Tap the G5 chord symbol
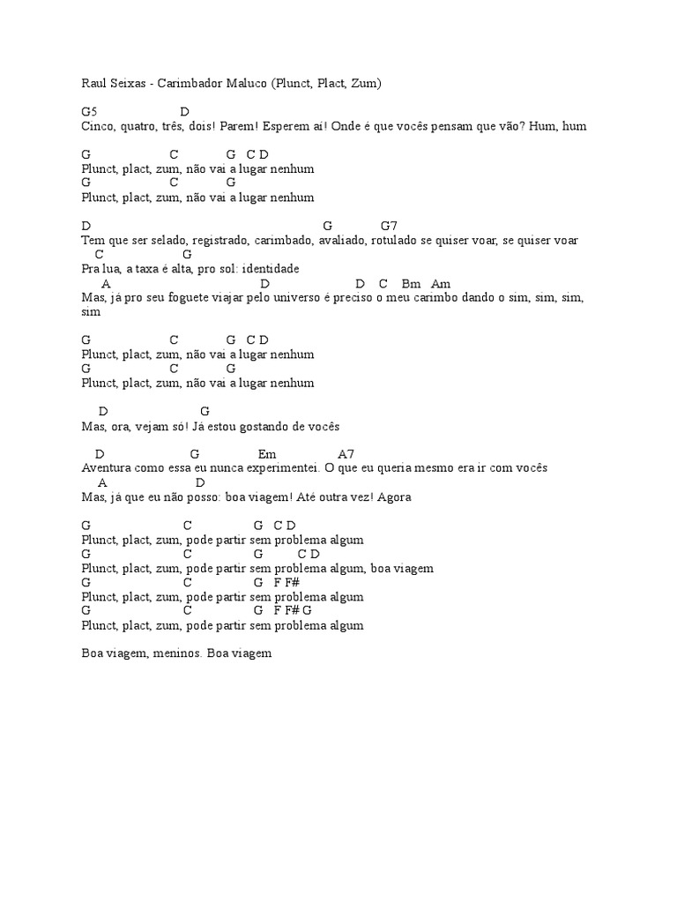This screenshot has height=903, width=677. (x=89, y=112)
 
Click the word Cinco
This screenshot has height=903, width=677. (x=96, y=126)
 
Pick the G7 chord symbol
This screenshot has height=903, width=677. (x=390, y=226)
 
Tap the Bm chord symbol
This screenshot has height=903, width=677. (x=411, y=284)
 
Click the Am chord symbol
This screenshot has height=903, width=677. (x=441, y=284)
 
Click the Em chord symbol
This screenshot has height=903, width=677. (x=267, y=454)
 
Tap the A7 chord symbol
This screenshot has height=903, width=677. (x=346, y=454)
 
